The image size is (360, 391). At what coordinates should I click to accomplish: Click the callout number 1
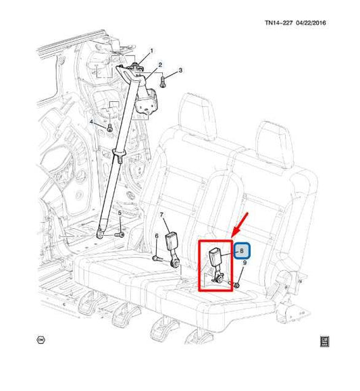coord(151,51)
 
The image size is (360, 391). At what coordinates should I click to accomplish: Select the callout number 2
coord(160,65)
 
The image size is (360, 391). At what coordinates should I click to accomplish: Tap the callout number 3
coord(180,70)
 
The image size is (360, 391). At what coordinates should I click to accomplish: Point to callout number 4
coord(91,122)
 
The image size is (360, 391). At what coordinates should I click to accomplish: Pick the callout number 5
coord(120,213)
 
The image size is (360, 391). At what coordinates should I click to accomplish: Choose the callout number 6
coord(157,236)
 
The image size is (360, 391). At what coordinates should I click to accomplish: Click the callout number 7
coord(161,215)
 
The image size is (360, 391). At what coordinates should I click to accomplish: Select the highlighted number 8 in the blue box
coord(241,251)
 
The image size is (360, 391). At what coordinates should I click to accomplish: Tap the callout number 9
coord(245,263)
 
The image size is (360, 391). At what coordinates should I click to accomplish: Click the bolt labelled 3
coord(163,82)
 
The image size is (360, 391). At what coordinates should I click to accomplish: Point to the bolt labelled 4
coord(109,128)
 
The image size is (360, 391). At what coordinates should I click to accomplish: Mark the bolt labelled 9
coord(236,284)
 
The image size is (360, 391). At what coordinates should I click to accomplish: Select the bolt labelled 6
coord(156,259)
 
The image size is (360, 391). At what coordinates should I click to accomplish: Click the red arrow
coord(240,225)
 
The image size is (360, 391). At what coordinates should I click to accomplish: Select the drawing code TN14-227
coord(278,23)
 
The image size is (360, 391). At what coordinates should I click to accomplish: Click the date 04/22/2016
coord(311,23)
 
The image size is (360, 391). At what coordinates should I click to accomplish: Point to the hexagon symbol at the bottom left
coord(41,340)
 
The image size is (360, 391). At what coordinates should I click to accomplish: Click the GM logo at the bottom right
coord(325,342)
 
